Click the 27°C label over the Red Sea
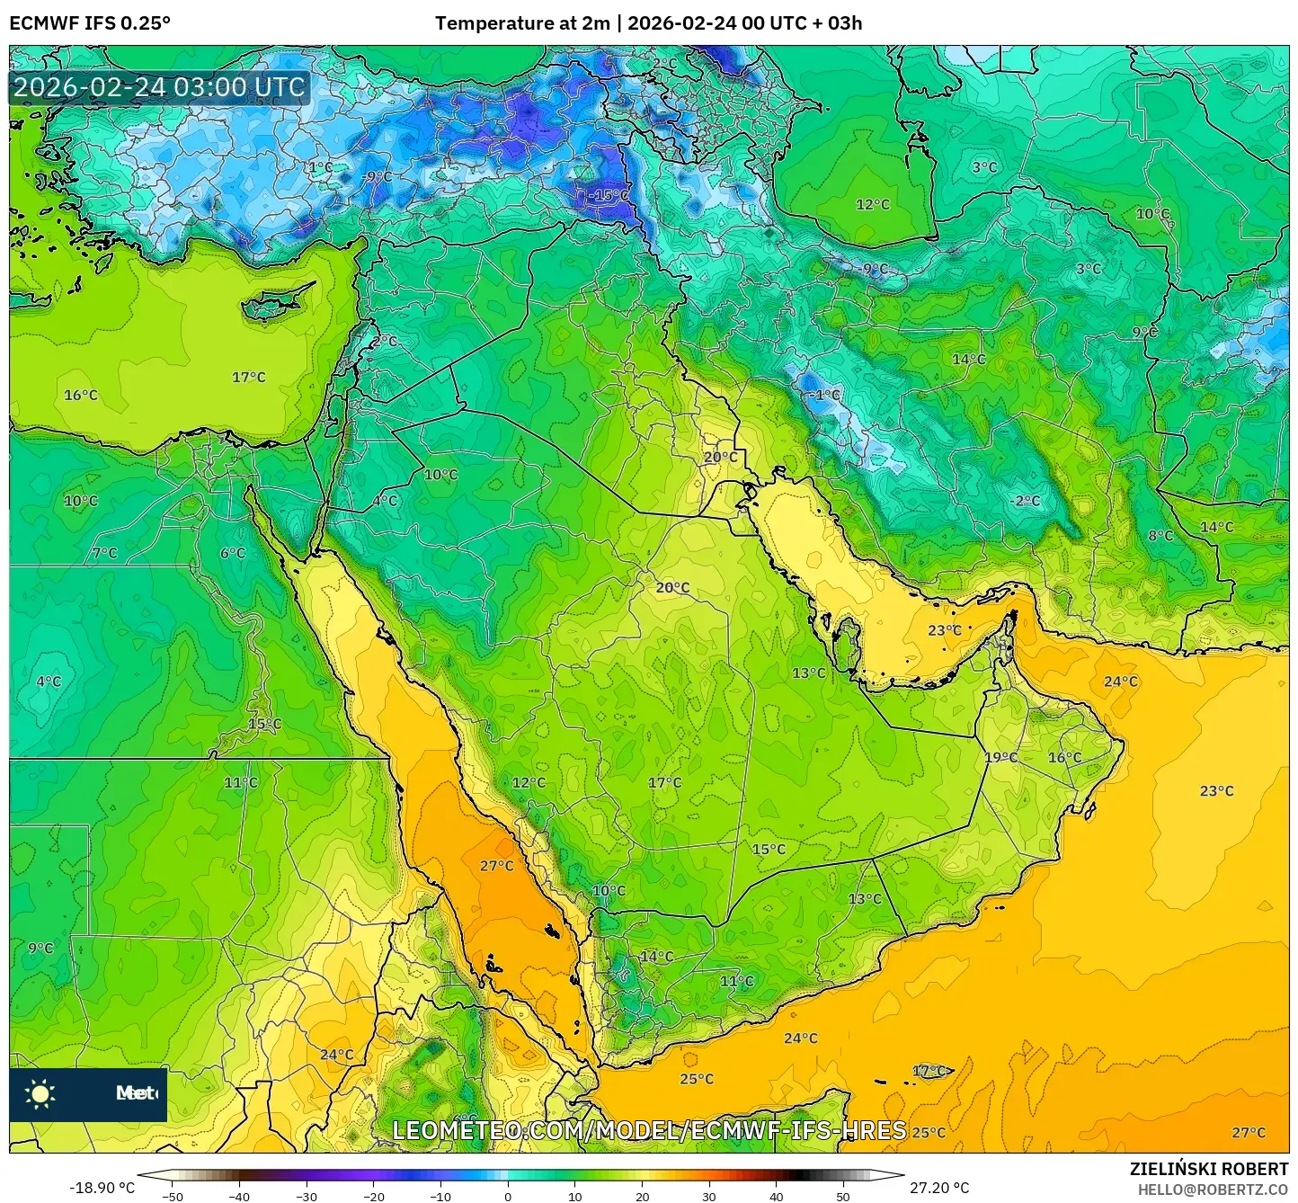[x=496, y=866]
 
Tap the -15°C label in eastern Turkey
[x=609, y=195]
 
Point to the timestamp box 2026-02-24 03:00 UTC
[x=159, y=87]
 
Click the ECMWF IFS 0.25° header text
[x=89, y=23]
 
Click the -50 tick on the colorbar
[x=172, y=1196]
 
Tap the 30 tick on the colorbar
[x=708, y=1196]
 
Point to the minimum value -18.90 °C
[x=102, y=1188]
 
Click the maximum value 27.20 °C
[x=939, y=1188]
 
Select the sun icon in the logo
[x=40, y=1094]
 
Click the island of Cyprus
[x=274, y=304]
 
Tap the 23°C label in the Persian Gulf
[x=945, y=630]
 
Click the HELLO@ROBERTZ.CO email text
[x=1213, y=1189]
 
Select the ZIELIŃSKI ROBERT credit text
[x=1208, y=1169]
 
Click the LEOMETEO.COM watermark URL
[x=649, y=1130]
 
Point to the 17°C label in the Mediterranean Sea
[x=249, y=377]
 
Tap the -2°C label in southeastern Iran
[x=1024, y=501]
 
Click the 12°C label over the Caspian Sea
[x=872, y=204]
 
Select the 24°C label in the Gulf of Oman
[x=1120, y=682]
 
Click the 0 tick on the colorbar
[x=507, y=1196]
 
